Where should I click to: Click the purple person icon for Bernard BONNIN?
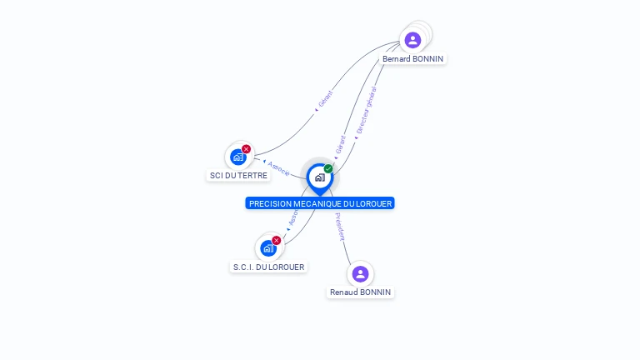pyautogui.click(x=412, y=40)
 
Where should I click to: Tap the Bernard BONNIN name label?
pyautogui.click(x=413, y=59)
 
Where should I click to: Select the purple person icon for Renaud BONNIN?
pyautogui.click(x=360, y=273)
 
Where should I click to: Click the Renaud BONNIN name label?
pyautogui.click(x=360, y=292)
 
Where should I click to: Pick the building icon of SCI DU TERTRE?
pyautogui.click(x=238, y=157)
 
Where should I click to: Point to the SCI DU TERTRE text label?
pyautogui.click(x=239, y=176)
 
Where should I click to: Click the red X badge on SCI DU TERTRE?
pyautogui.click(x=246, y=149)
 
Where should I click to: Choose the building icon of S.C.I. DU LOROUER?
pyautogui.click(x=268, y=247)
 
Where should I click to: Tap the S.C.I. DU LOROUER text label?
pyautogui.click(x=269, y=267)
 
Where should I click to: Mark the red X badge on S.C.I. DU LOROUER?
pyautogui.click(x=276, y=240)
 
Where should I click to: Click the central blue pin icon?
pyautogui.click(x=319, y=177)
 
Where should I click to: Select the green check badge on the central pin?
pyautogui.click(x=328, y=169)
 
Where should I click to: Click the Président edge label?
pyautogui.click(x=339, y=227)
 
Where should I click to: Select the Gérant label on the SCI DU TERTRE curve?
pyautogui.click(x=324, y=100)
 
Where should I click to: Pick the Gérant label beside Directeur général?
pyautogui.click(x=341, y=144)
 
